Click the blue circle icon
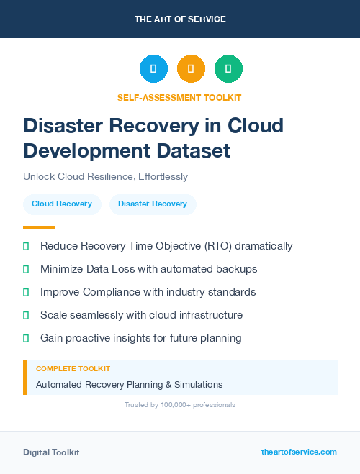point(153,69)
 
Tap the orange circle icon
point(191,69)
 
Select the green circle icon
point(228,69)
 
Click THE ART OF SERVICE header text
point(179,19)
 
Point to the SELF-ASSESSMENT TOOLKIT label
point(179,97)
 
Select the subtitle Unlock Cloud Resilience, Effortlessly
point(105,176)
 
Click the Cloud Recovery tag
point(62,204)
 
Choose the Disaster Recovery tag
point(153,204)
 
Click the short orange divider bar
point(39,227)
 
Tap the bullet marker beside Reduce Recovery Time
point(26,246)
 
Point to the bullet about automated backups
point(148,269)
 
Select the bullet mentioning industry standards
point(148,292)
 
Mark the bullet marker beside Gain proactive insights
point(26,338)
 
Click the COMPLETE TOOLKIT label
point(73,368)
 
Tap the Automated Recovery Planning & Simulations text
point(130,384)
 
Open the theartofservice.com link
point(299,452)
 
